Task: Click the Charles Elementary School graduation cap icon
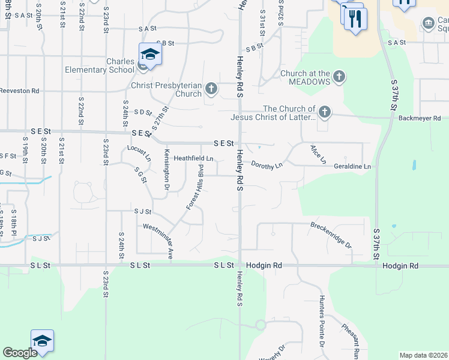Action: click(151, 55)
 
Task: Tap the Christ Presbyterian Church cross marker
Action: click(211, 89)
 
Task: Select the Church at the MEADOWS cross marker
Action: click(339, 77)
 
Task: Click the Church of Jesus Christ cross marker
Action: click(324, 112)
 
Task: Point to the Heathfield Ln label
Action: click(193, 158)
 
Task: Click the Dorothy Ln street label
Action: click(267, 164)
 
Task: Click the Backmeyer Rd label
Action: click(420, 118)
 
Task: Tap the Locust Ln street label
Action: click(139, 152)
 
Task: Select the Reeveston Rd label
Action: click(19, 91)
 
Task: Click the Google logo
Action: click(20, 353)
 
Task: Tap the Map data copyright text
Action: click(424, 355)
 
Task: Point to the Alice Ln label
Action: click(318, 154)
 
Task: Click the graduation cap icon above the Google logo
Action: click(42, 341)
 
